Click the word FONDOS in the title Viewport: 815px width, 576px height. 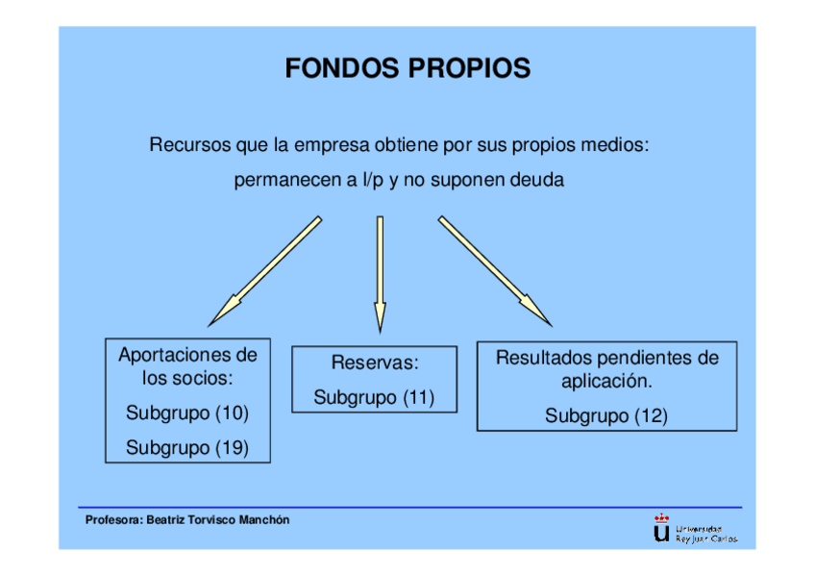tap(341, 69)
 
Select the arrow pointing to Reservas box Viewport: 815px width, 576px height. tap(380, 273)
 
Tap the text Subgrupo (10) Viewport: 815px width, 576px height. tap(187, 413)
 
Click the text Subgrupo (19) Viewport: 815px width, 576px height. tap(187, 447)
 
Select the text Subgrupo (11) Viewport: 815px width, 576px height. tap(374, 397)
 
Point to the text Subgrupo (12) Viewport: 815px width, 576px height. tap(606, 416)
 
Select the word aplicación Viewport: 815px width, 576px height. tap(606, 382)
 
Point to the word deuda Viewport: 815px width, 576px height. tap(538, 180)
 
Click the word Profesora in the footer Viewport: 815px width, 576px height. tap(113, 520)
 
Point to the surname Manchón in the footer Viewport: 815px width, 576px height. tap(262, 520)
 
